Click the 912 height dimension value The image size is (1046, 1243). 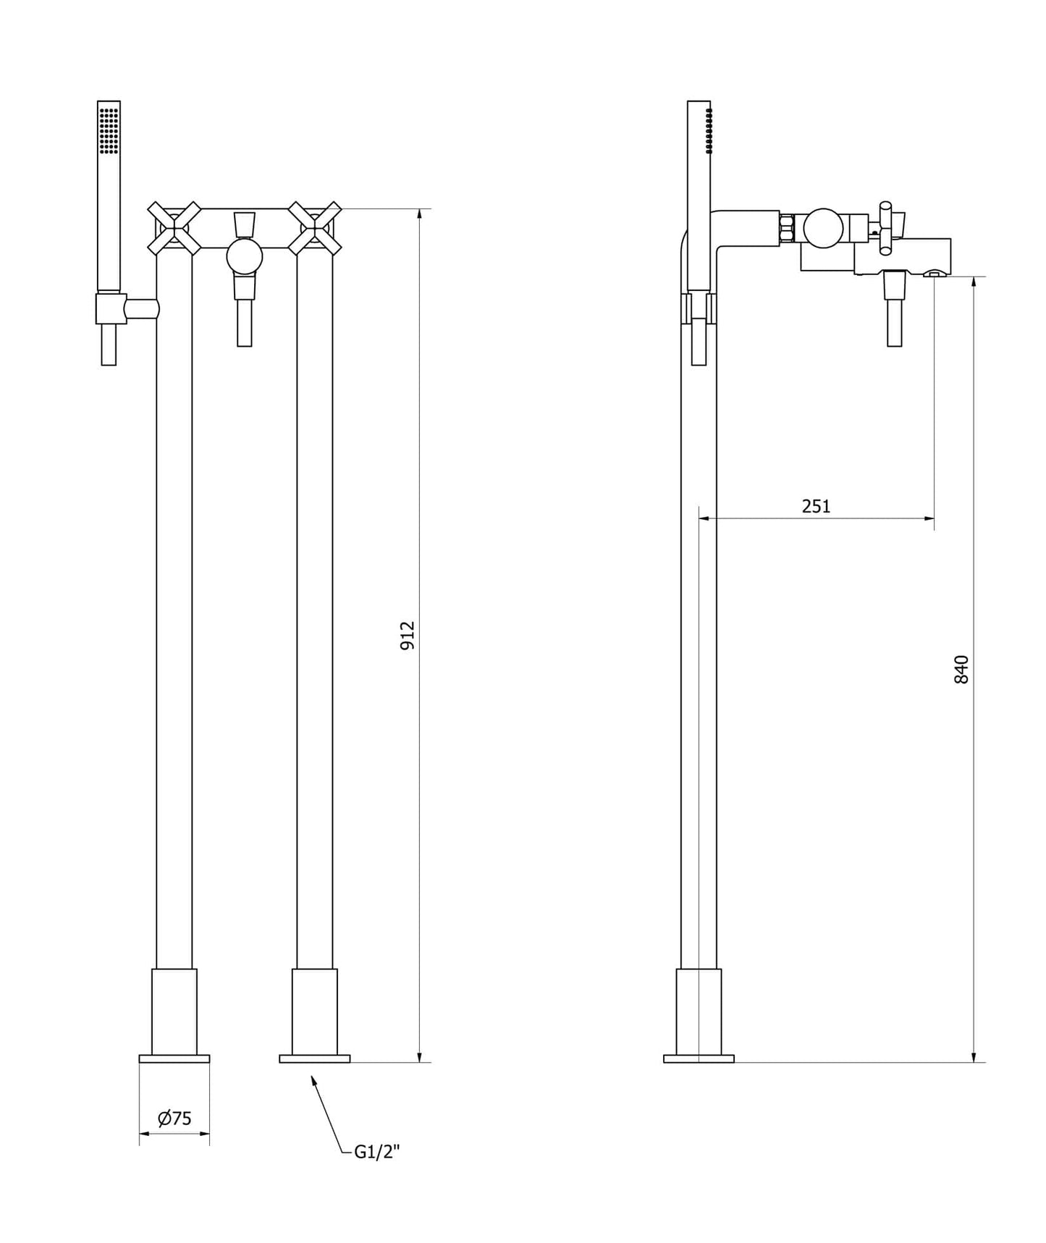pos(408,635)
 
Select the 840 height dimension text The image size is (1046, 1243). pos(961,670)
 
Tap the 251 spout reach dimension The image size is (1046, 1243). pos(816,506)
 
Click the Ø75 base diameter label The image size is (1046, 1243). pos(174,1118)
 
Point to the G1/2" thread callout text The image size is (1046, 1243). pos(376,1152)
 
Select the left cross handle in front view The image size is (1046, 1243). pos(174,229)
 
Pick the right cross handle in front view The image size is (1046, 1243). pos(314,229)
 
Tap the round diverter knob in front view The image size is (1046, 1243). pos(244,256)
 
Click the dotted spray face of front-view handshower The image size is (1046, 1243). pos(109,130)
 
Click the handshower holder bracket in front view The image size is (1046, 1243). pos(111,308)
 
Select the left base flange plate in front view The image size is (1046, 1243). pos(174,1058)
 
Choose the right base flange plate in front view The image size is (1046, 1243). pos(314,1058)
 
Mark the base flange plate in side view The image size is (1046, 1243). pos(699,1058)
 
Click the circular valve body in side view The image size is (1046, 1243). pos(824,227)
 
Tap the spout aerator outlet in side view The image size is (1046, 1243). pos(935,274)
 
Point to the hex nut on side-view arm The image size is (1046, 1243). pos(788,228)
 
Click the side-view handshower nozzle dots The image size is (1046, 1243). pos(709,130)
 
